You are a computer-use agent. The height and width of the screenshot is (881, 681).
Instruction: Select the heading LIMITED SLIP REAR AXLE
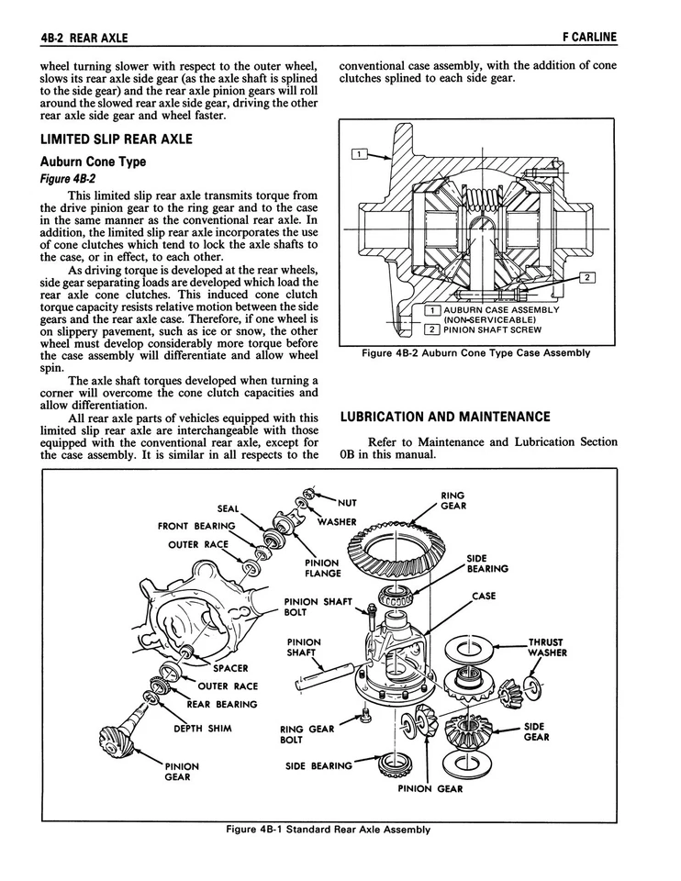[117, 139]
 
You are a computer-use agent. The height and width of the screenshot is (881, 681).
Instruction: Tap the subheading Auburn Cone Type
[94, 162]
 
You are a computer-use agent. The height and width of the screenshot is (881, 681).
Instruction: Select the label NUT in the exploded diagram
[347, 502]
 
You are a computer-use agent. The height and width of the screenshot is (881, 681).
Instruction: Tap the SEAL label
[228, 508]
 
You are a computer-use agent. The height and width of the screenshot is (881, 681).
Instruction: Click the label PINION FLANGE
[322, 568]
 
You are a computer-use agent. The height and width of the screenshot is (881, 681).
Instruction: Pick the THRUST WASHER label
[546, 648]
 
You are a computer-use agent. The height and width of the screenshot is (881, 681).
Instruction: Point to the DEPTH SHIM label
[203, 729]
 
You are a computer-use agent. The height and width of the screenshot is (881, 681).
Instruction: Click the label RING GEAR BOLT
[307, 734]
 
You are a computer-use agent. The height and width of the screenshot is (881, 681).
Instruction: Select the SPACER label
[232, 667]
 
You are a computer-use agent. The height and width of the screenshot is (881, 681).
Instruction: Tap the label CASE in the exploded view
[484, 596]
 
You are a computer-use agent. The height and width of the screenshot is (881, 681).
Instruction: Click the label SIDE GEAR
[537, 731]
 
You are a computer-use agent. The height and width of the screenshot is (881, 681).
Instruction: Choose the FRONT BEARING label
[195, 526]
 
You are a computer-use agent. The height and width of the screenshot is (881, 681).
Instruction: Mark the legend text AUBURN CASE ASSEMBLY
[501, 309]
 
